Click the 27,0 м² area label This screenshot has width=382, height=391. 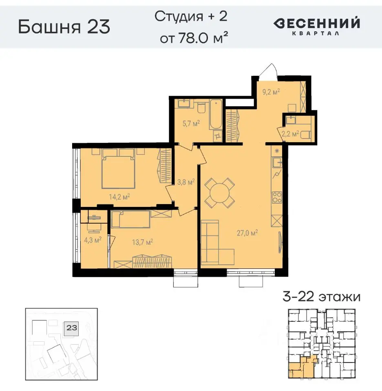(248, 233)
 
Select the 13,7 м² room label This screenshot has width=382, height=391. (142, 242)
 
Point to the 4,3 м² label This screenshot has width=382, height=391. (92, 240)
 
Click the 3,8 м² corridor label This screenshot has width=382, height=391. (185, 182)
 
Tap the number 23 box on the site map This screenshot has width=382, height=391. (72, 327)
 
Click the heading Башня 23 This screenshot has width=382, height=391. (64, 27)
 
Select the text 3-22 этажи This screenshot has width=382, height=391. (321, 297)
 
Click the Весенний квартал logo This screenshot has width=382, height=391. (316, 26)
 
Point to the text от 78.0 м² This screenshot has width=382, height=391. (193, 38)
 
